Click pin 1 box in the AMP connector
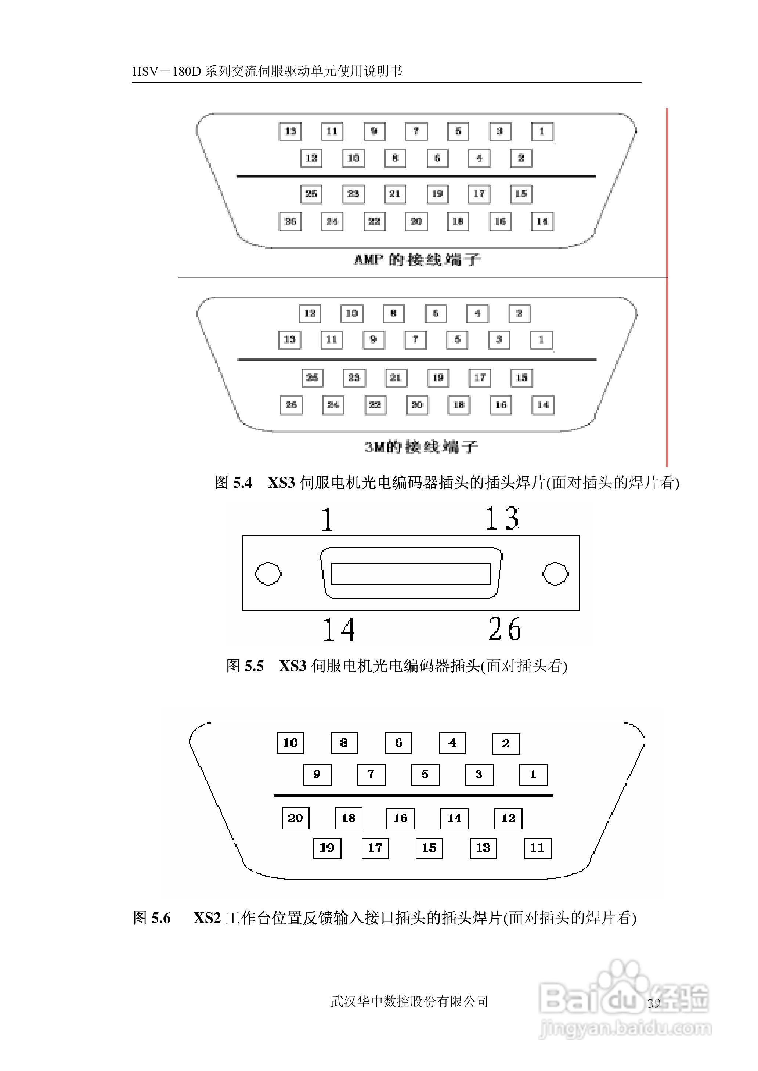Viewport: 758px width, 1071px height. pyautogui.click(x=542, y=131)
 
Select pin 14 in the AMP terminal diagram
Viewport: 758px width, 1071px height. pyautogui.click(x=542, y=221)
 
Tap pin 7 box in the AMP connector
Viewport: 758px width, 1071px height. pyautogui.click(x=416, y=131)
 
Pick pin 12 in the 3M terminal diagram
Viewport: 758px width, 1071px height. pyautogui.click(x=310, y=314)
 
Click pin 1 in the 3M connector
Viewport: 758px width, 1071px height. pyautogui.click(x=541, y=340)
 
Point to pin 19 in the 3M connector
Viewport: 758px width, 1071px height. pyautogui.click(x=438, y=378)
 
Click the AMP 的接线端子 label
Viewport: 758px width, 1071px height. pyautogui.click(x=417, y=259)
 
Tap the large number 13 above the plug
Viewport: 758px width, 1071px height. pyautogui.click(x=502, y=519)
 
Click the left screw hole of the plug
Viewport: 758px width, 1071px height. pyautogui.click(x=268, y=574)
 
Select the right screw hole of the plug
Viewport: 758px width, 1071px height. pyautogui.click(x=555, y=574)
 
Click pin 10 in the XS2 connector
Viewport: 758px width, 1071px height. pyautogui.click(x=290, y=743)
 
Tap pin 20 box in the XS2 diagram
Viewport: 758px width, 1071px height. pyautogui.click(x=296, y=818)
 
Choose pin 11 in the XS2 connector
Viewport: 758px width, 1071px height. pyautogui.click(x=537, y=848)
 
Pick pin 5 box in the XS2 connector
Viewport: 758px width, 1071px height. pyautogui.click(x=425, y=774)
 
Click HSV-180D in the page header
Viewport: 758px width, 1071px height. pyautogui.click(x=166, y=71)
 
